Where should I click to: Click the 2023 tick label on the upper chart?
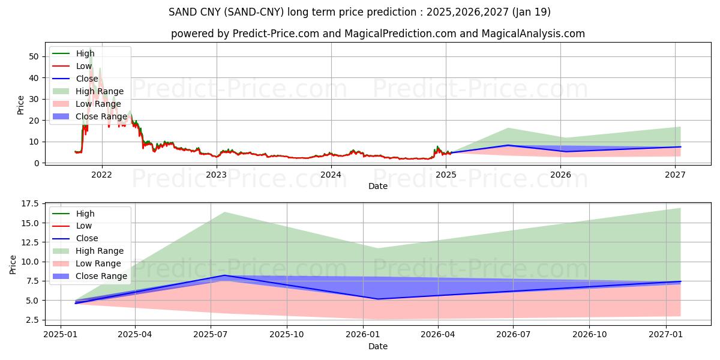pos(216,175)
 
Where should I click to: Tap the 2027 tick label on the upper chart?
pos(676,175)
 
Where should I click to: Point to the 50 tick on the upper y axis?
pos(34,56)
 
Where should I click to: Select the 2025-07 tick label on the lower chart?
pos(211,335)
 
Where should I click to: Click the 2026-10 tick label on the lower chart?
pos(589,335)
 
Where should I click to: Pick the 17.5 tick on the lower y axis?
pos(30,204)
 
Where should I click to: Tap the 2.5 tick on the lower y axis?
pos(32,320)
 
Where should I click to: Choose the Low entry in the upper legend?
pos(84,66)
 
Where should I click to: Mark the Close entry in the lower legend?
pos(88,238)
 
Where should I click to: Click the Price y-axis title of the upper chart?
pos(21,105)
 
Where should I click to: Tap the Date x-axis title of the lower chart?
pos(378,346)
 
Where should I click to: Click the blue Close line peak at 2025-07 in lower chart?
pos(224,275)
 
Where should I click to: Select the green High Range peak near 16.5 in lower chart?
pos(224,212)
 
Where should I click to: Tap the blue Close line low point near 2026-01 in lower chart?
pos(377,299)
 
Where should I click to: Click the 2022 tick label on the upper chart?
pos(101,175)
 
